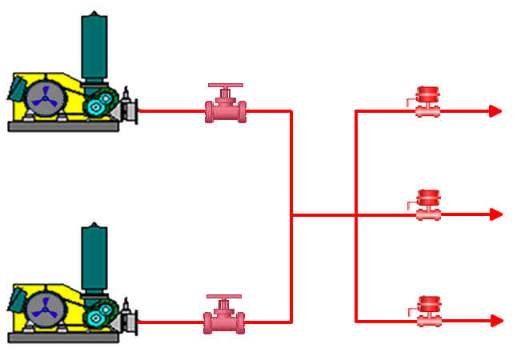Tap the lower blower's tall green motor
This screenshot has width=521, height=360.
pos(94,258)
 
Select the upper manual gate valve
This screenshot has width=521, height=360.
pos(226,109)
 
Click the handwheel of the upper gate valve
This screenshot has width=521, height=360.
pos(226,86)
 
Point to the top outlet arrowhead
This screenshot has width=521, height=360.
pos(496,111)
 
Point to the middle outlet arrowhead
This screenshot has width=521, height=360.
pos(496,214)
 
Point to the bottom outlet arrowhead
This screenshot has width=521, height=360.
pos(496,321)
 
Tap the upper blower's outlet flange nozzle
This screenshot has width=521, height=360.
pos(132,110)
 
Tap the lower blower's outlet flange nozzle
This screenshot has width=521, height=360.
pos(132,322)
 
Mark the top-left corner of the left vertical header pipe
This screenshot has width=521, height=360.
pos(291,111)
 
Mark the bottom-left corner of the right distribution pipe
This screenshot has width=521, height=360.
pos(356,321)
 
